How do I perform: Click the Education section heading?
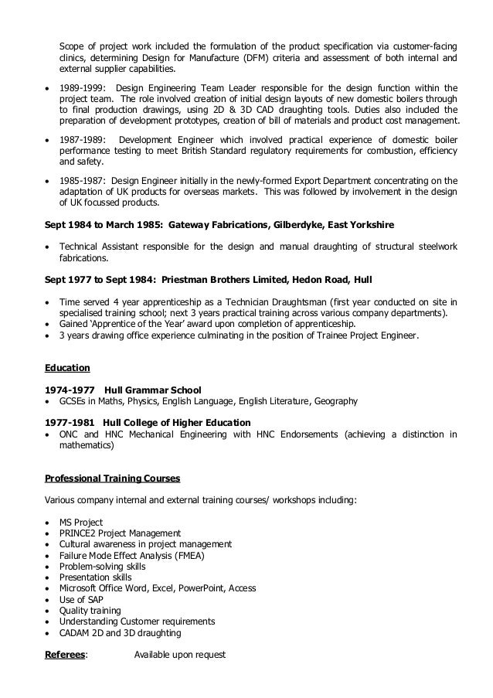click(68, 369)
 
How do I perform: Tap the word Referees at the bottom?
click(65, 655)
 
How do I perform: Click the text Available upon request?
click(179, 655)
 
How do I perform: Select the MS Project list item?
click(81, 523)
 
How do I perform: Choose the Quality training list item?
click(86, 611)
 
